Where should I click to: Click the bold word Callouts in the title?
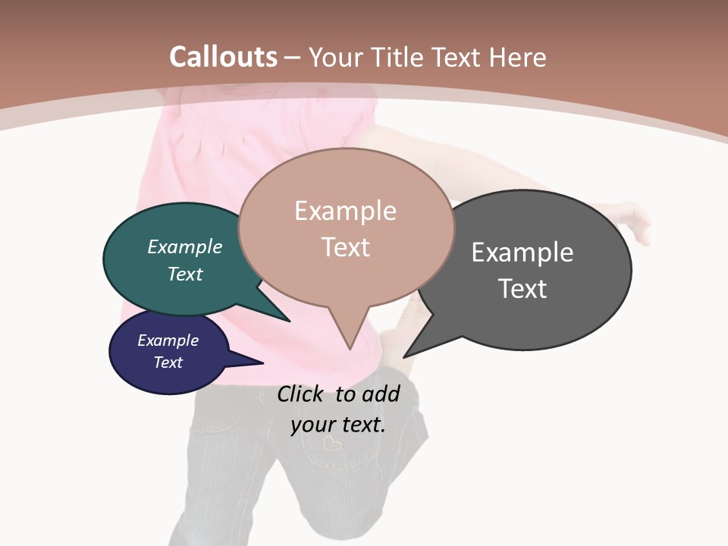point(223,57)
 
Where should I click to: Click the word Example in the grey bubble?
point(522,252)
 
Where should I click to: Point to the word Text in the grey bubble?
point(522,289)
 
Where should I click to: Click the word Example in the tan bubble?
point(345,211)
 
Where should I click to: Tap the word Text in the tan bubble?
point(345,247)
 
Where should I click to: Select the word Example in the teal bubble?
point(184,246)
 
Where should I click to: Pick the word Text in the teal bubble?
point(184,274)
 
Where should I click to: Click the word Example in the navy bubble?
point(168,340)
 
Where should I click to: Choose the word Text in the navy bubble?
point(168,362)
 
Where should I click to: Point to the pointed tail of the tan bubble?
point(349,337)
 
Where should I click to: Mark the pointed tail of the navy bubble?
point(250,362)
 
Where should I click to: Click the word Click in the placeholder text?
point(301,394)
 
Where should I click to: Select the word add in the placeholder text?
point(381,394)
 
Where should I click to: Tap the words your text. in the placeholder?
point(338,425)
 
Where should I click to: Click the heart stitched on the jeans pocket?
point(331,443)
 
